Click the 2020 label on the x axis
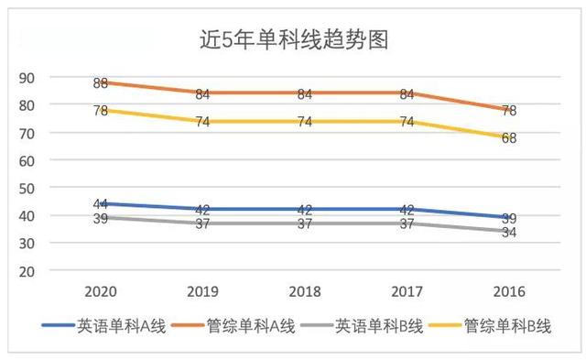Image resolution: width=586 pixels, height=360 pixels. [x=101, y=292]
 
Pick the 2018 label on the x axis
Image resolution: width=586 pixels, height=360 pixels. [x=304, y=292]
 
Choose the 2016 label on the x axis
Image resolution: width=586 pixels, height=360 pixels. [x=508, y=292]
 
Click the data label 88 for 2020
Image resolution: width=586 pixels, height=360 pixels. [x=101, y=83]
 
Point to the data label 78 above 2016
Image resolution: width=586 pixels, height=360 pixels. [x=509, y=111]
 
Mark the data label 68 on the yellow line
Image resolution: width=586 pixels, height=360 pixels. [x=509, y=138]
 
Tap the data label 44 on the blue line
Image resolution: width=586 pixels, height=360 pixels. [x=101, y=204]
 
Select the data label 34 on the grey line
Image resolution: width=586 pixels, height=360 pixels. [x=509, y=232]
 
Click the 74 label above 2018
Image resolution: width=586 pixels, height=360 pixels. [x=305, y=122]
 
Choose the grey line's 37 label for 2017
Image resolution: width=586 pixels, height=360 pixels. [x=407, y=224]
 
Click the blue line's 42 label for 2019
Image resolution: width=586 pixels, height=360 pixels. [x=202, y=210]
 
